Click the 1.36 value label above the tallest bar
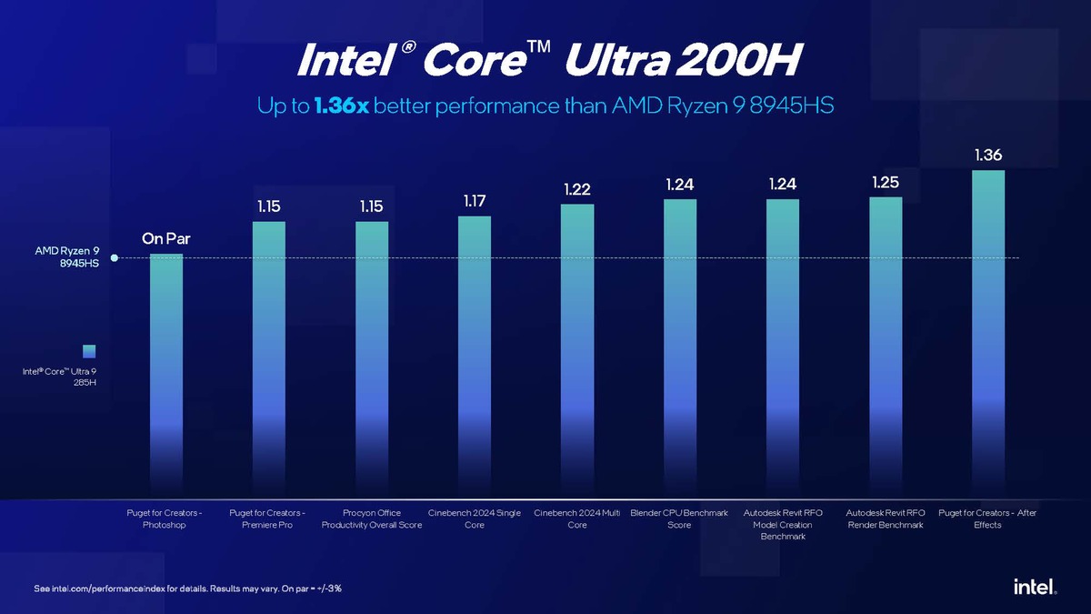coord(988,156)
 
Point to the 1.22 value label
coord(577,189)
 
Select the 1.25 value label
coord(886,183)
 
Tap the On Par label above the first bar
coord(166,239)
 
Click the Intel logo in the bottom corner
coord(1035,588)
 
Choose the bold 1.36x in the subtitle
coord(341,106)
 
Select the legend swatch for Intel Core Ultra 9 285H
coord(89,351)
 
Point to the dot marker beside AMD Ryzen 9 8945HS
coord(114,258)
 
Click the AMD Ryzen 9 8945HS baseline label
coord(67,257)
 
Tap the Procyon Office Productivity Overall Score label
coord(372,519)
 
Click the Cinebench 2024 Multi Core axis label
coord(577,519)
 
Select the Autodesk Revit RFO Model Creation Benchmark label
coord(783,525)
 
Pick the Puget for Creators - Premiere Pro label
coord(267,519)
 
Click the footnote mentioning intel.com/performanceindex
coord(187,589)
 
